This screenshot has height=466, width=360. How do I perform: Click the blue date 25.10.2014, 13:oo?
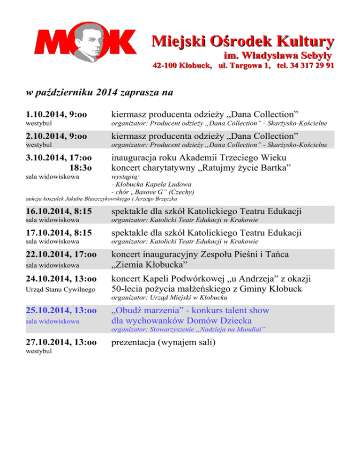[60, 310]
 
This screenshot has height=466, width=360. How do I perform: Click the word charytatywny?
[178, 167]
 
